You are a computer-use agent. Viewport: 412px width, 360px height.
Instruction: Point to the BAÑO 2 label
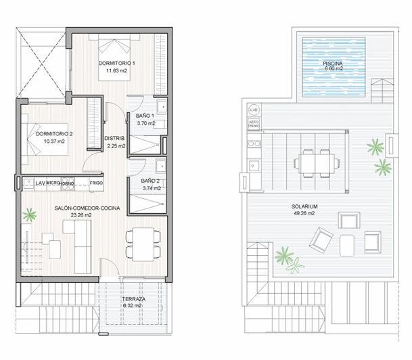(151, 181)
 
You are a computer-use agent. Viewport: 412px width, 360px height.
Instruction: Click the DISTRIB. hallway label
(115, 139)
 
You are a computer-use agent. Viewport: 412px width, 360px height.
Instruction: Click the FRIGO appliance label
(97, 182)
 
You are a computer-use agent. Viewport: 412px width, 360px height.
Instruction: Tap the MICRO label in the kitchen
(53, 182)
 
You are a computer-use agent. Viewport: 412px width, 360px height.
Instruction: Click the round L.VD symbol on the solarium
(254, 110)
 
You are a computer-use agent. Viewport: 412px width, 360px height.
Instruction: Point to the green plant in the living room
(29, 216)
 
